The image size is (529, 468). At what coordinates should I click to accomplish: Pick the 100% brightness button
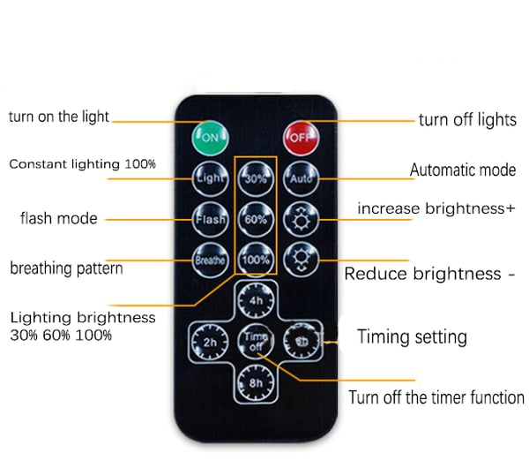pyautogui.click(x=256, y=260)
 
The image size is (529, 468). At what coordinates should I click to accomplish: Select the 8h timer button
pyautogui.click(x=256, y=382)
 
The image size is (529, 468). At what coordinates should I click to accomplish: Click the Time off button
pyautogui.click(x=256, y=340)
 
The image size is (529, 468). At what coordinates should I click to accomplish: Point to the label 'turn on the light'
pyautogui.click(x=59, y=117)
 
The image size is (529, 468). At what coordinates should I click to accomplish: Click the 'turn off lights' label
pyautogui.click(x=467, y=120)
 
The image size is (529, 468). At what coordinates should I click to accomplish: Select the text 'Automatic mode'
pyautogui.click(x=463, y=170)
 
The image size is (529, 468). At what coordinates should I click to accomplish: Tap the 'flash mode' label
pyautogui.click(x=59, y=218)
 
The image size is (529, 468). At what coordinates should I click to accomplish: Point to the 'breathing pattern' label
pyautogui.click(x=66, y=268)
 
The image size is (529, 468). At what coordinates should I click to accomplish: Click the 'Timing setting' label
pyautogui.click(x=412, y=336)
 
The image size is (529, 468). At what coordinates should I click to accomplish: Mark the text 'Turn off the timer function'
pyautogui.click(x=436, y=397)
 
